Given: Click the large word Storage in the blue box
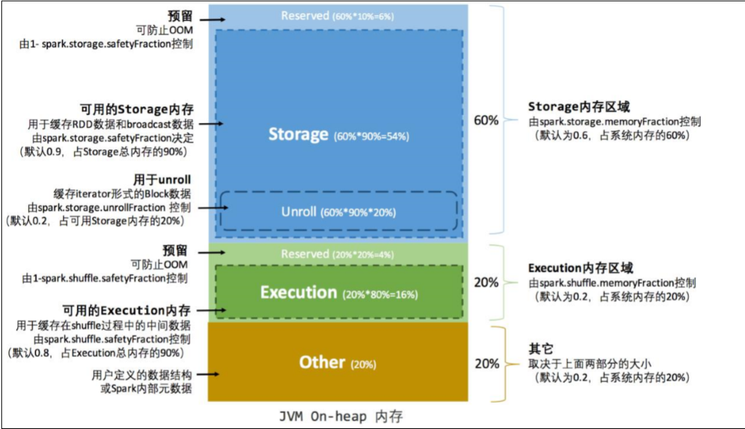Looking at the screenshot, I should pyautogui.click(x=298, y=134).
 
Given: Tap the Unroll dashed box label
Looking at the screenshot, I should pyautogui.click(x=338, y=211).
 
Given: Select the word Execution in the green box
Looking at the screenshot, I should pyautogui.click(x=298, y=293).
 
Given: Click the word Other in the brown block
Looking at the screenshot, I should pyautogui.click(x=322, y=362).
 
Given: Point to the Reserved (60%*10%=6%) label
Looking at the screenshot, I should pyautogui.click(x=337, y=15).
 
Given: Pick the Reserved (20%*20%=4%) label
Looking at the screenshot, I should pyautogui.click(x=337, y=254).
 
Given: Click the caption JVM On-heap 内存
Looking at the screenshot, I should pyautogui.click(x=341, y=417).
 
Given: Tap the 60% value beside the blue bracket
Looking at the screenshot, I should pyautogui.click(x=485, y=120).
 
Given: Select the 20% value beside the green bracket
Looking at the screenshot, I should pyautogui.click(x=485, y=282).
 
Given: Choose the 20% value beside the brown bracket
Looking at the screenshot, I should pyautogui.click(x=485, y=363).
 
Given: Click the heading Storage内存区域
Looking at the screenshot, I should pyautogui.click(x=579, y=107).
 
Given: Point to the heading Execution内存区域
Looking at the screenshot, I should pyautogui.click(x=580, y=268).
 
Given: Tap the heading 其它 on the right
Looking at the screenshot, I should pyautogui.click(x=541, y=349).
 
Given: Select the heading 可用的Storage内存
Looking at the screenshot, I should pyautogui.click(x=135, y=109).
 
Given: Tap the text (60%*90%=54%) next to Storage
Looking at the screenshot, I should pyautogui.click(x=371, y=136).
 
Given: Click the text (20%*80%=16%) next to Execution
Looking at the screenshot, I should pyautogui.click(x=380, y=295).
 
